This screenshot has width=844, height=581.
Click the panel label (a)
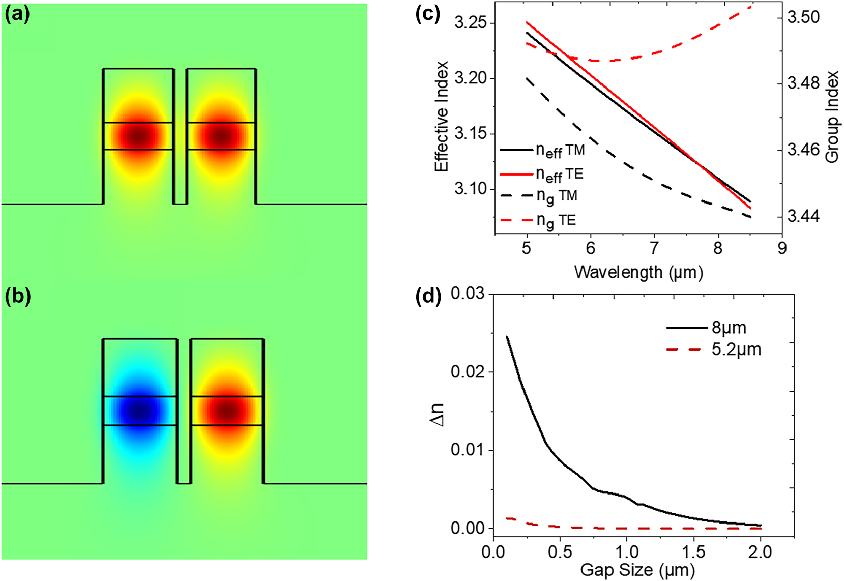point(17,15)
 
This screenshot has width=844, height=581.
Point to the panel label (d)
point(427,297)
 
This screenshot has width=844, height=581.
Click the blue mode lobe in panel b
point(139,410)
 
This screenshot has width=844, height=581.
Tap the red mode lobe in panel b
point(227,410)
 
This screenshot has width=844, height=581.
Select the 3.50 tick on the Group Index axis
point(803,17)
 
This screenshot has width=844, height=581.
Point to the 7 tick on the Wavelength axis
point(654,248)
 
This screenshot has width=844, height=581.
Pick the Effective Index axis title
point(442,116)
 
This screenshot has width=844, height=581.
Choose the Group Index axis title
point(832,117)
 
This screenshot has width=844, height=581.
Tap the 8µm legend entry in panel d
point(729,328)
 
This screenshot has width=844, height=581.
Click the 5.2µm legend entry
point(736,350)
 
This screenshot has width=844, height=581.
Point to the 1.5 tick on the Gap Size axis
point(694,551)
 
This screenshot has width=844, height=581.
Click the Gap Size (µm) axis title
point(637,570)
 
